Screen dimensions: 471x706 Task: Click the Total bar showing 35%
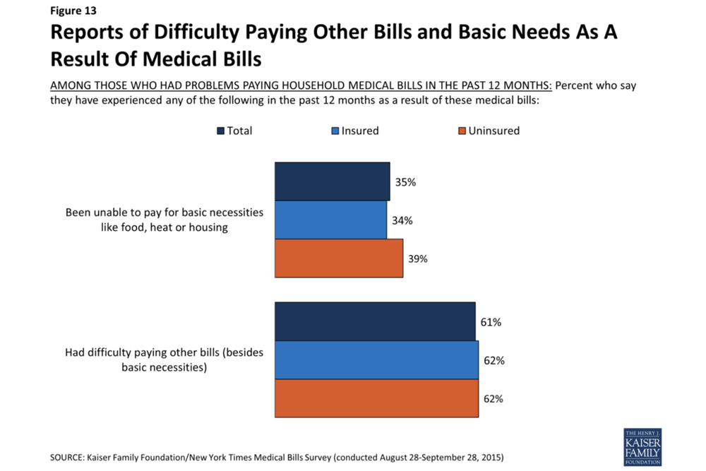click(x=332, y=181)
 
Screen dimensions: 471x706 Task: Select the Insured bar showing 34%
click(x=330, y=220)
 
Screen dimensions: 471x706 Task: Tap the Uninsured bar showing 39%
click(x=338, y=258)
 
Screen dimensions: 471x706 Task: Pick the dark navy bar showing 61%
click(x=375, y=322)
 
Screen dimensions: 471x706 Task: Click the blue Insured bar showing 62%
click(x=376, y=360)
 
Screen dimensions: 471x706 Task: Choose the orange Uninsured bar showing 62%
click(x=376, y=398)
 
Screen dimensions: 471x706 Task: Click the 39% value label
click(x=418, y=258)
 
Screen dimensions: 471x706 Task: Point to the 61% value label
click(x=491, y=322)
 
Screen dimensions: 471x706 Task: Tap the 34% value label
click(x=402, y=220)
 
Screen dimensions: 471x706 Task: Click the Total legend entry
click(x=234, y=131)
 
